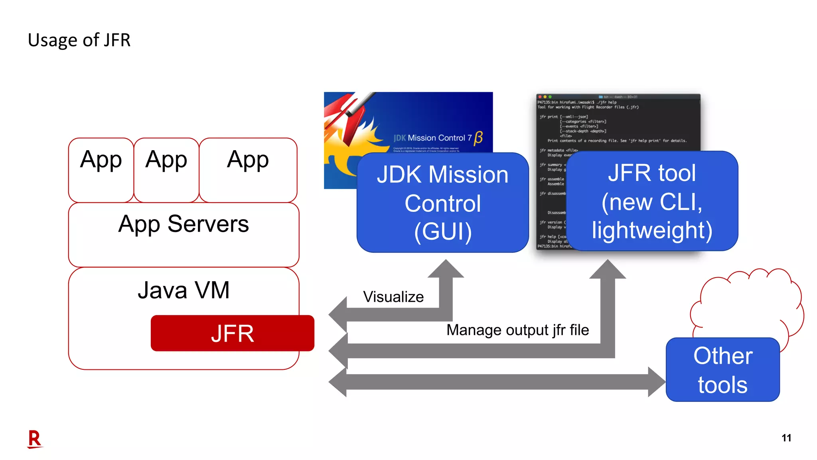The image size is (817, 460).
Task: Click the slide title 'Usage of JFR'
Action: point(79,40)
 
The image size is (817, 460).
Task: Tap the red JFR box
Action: point(232,333)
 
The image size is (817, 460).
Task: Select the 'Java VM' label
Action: point(184,290)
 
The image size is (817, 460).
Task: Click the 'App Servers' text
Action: point(184,224)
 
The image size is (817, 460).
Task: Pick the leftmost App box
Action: point(101,170)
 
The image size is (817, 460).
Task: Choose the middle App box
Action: point(166,170)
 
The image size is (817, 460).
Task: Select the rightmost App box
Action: point(248,170)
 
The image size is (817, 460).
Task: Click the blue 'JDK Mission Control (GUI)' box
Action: point(442,202)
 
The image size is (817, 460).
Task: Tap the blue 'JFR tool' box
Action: point(651,201)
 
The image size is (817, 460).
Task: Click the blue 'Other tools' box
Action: point(722,370)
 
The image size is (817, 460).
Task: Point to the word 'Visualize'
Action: point(393,297)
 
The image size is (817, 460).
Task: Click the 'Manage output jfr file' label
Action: point(517,330)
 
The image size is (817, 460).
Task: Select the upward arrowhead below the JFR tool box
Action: point(607,269)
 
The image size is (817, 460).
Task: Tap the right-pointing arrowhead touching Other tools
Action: point(656,382)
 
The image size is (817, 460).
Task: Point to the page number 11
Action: point(786,438)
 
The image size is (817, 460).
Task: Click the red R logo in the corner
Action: point(35,439)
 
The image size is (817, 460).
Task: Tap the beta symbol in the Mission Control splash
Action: point(478,138)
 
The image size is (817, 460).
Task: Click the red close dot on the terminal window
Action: point(539,97)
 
